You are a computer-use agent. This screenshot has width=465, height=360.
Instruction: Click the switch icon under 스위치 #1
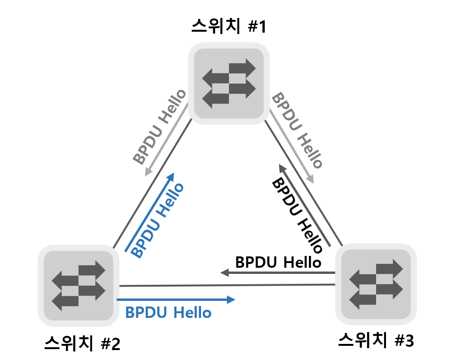[229, 83]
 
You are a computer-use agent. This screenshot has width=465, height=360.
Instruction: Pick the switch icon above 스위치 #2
[78, 285]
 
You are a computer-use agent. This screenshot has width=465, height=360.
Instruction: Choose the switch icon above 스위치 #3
[376, 283]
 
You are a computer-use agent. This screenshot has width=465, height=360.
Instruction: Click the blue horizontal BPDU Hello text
[168, 313]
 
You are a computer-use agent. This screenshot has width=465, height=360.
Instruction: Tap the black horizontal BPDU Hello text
[279, 262]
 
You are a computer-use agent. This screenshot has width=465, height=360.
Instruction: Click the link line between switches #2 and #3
[227, 285]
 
